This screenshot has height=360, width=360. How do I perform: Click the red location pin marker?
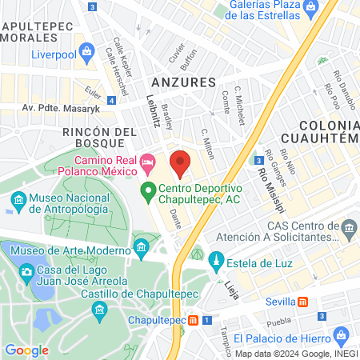click(181, 163)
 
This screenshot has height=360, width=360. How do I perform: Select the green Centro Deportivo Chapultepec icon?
click(147, 190)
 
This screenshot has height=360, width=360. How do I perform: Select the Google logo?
click(26, 350)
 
